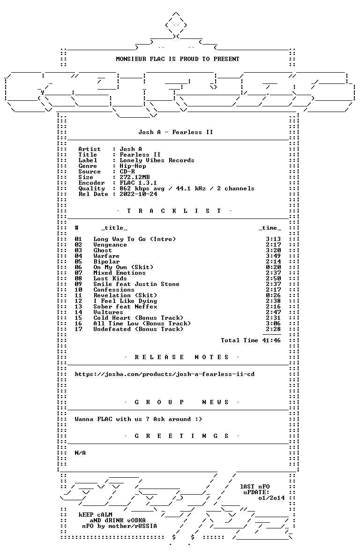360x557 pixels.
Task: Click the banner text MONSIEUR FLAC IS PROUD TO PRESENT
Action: pos(178,59)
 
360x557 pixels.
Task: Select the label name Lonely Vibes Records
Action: pos(157,160)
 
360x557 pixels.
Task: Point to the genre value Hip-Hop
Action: pos(133,166)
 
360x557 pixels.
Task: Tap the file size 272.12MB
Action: pos(135,177)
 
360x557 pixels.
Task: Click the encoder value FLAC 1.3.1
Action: pos(138,183)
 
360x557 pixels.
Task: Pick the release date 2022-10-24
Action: pos(138,194)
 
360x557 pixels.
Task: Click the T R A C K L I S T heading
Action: pos(174,211)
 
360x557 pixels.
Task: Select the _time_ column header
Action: pos(270,228)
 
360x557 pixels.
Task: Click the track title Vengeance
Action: pos(110,245)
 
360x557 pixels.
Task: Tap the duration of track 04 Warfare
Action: pos(273,256)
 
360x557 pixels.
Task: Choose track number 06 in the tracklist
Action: pos(78,267)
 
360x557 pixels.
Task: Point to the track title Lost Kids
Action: pos(110,278)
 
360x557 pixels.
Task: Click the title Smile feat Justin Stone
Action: pos(136,284)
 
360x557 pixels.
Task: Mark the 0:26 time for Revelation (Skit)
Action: pos(273,295)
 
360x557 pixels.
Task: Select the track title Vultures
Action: pos(108,312)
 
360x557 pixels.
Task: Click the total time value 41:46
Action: pos(271,340)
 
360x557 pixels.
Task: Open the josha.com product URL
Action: pos(165,374)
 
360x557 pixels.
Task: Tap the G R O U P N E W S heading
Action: pos(181,402)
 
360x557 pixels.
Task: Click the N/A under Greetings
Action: pos(80,453)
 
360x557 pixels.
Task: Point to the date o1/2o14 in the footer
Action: pos(271,498)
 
